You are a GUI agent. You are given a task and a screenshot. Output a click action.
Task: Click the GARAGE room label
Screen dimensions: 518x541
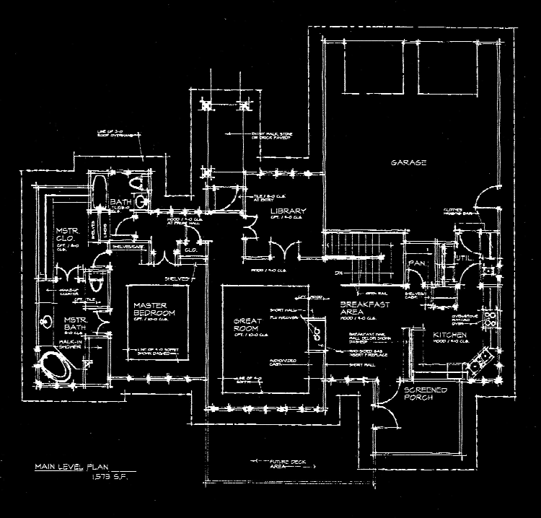click(x=409, y=163)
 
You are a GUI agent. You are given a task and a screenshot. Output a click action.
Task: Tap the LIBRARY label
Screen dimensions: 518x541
click(x=289, y=211)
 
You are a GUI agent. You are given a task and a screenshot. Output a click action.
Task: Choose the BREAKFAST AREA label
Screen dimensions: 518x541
click(x=365, y=308)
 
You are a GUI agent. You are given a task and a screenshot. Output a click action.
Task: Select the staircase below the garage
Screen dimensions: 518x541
click(x=359, y=260)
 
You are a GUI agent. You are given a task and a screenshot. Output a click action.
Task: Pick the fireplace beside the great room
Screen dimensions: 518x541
click(x=315, y=333)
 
